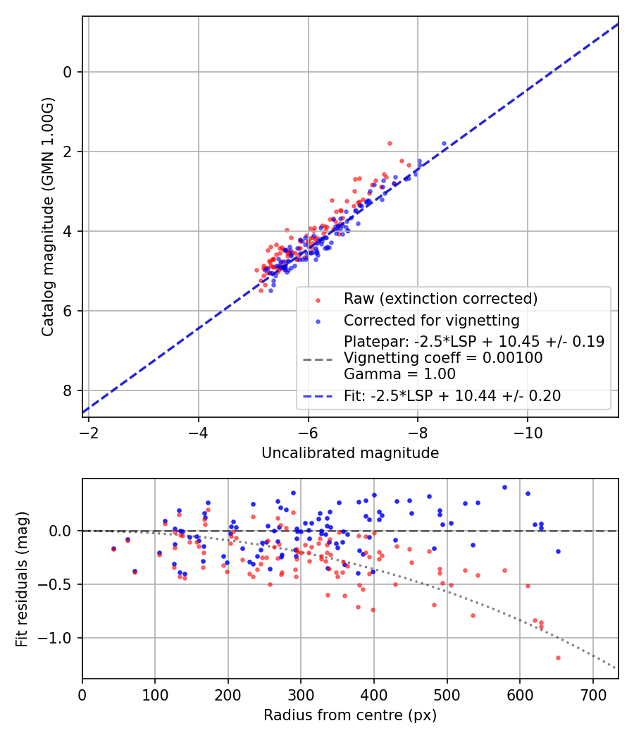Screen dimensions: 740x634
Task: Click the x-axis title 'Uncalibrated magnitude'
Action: pyautogui.click(x=350, y=453)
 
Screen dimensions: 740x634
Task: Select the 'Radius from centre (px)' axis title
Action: pyautogui.click(x=350, y=715)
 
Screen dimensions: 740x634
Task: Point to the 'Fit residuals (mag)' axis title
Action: pyautogui.click(x=22, y=579)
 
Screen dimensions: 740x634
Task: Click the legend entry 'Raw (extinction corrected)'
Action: pyautogui.click(x=440, y=299)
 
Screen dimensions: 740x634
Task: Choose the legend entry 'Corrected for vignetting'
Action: pyautogui.click(x=431, y=321)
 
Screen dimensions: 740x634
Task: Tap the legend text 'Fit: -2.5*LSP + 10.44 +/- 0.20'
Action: pyautogui.click(x=452, y=396)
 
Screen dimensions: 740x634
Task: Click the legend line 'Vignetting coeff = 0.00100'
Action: pyautogui.click(x=443, y=358)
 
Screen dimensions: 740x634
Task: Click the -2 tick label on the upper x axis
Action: pyautogui.click(x=89, y=431)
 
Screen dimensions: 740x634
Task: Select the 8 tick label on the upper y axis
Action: pyautogui.click(x=68, y=391)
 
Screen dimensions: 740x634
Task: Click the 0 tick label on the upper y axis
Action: pyautogui.click(x=68, y=72)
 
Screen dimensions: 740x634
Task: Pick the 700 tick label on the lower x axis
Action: pyautogui.click(x=592, y=693)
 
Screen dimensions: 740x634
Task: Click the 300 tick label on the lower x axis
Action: pyautogui.click(x=301, y=693)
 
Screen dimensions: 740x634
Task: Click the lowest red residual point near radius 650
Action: pyautogui.click(x=558, y=658)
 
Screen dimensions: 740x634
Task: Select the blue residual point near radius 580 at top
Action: pyautogui.click(x=504, y=487)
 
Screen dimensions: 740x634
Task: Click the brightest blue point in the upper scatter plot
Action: pyautogui.click(x=444, y=143)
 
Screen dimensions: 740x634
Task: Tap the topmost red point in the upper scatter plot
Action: pyautogui.click(x=390, y=143)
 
